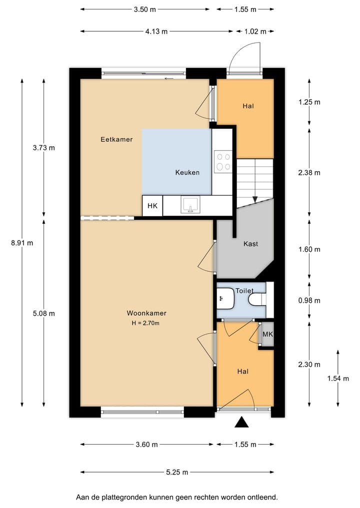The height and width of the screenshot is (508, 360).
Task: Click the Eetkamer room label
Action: pos(116,139)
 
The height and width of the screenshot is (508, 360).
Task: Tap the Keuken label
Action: pos(187,173)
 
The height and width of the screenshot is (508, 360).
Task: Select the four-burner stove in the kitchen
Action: pos(222,161)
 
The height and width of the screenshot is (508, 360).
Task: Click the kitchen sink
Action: pos(190,205)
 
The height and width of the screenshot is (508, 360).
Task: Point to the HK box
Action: pos(152,206)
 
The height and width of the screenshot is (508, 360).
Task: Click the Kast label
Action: pos(250,244)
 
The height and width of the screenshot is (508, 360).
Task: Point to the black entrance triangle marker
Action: pos(242,423)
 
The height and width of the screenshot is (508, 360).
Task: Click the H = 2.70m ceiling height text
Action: pos(146,323)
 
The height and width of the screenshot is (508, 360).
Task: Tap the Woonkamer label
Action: pos(146,313)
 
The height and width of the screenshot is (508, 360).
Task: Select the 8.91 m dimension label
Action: pos(22,243)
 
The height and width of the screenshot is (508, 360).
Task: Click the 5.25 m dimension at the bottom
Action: pos(177,472)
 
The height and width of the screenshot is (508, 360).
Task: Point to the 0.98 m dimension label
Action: pos(309,301)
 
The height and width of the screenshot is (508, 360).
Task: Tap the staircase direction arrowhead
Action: pos(255,199)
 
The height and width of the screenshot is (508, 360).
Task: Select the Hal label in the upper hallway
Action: pos(248,106)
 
